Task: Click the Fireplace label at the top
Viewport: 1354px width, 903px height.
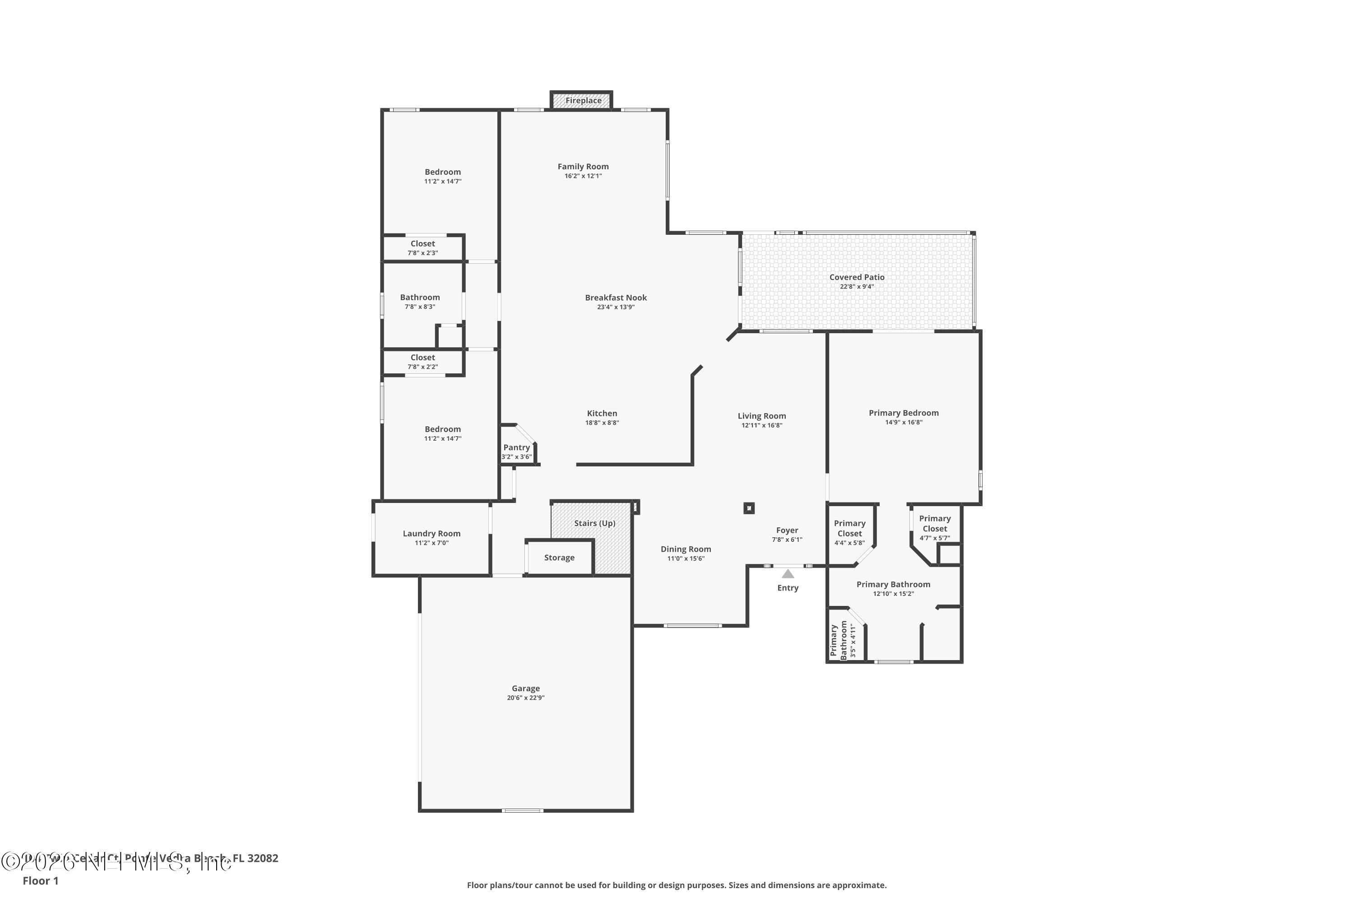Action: coord(583,101)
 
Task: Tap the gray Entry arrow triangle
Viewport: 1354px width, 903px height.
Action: coord(788,573)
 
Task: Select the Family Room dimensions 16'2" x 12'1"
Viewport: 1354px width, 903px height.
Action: coord(583,176)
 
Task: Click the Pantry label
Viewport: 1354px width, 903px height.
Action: coord(516,447)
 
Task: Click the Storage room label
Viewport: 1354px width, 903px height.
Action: coord(559,558)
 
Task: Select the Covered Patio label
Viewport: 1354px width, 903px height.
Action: coord(857,277)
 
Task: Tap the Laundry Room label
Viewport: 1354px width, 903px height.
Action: coord(431,533)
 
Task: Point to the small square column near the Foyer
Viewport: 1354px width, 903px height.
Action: coord(748,508)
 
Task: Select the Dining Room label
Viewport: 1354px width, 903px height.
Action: coord(685,549)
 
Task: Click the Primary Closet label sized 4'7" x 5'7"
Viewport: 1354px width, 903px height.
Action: coord(934,523)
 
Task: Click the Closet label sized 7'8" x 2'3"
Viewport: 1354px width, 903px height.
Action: coord(422,244)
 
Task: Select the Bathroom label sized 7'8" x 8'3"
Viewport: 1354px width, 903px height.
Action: coord(420,297)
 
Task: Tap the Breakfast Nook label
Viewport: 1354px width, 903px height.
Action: coord(616,298)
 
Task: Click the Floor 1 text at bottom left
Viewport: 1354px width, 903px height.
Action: coord(40,880)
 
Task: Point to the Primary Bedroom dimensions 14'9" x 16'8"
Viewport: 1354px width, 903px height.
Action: coord(903,423)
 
